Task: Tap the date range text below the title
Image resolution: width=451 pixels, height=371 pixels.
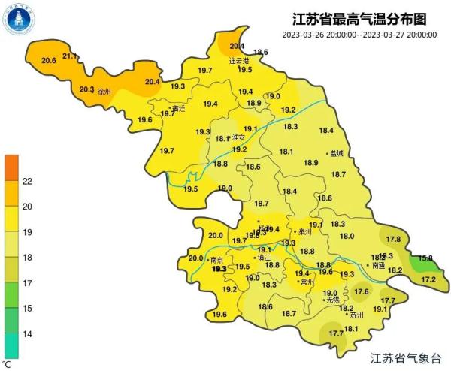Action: [x=360, y=35]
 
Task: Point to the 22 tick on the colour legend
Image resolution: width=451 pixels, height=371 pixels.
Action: [x=26, y=181]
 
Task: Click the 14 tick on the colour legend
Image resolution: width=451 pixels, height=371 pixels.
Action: [x=26, y=333]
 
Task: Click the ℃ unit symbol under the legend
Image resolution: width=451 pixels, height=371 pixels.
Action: [x=7, y=363]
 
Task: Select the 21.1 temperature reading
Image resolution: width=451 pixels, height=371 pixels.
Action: [x=70, y=56]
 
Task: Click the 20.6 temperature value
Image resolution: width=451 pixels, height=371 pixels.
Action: [x=49, y=60]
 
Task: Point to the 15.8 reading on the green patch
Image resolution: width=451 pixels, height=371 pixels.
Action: [x=425, y=258]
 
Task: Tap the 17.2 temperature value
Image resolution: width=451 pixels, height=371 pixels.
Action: [x=428, y=279]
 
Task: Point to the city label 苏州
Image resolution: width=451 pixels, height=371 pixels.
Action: [x=356, y=315]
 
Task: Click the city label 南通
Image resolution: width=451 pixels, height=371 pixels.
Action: [x=379, y=265]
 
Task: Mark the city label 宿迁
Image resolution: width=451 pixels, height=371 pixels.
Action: [x=178, y=108]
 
